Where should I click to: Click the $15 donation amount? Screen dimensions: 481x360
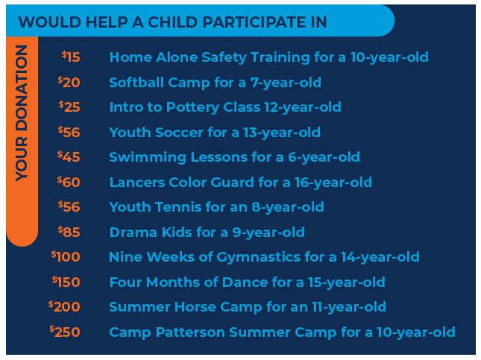tap(71, 57)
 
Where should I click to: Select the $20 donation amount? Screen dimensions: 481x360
tap(69, 82)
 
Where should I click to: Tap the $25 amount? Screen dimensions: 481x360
tap(69, 107)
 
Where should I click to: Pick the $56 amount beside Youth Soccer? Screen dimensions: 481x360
tap(69, 132)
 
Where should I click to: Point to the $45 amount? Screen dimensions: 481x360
tap(69, 157)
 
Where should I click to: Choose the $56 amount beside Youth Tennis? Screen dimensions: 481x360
tap(69, 206)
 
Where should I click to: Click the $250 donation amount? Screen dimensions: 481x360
tap(65, 332)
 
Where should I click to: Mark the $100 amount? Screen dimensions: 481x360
tap(66, 256)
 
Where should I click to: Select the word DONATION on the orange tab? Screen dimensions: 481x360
tap(22, 89)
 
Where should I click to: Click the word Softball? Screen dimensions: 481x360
tap(136, 82)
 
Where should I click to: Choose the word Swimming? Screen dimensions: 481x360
tap(148, 157)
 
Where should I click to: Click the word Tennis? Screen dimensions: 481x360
tap(178, 207)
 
